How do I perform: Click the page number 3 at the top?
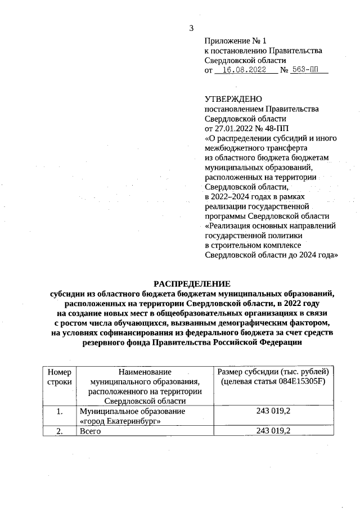tap(191, 29)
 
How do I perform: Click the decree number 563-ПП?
tap(307, 71)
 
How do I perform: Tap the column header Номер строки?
tap(59, 377)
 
